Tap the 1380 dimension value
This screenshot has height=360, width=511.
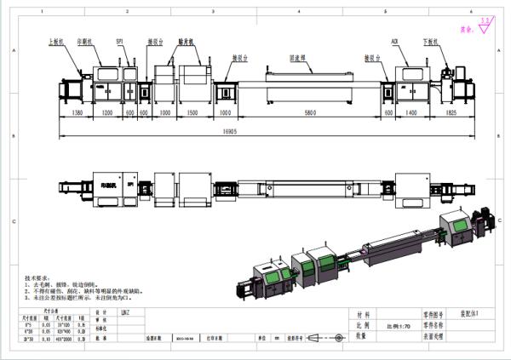pyautogui.click(x=77, y=111)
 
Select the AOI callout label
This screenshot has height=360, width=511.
pyautogui.click(x=395, y=40)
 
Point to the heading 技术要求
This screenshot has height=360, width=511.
pyautogui.click(x=36, y=278)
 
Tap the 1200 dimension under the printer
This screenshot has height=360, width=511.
pyautogui.click(x=107, y=111)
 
